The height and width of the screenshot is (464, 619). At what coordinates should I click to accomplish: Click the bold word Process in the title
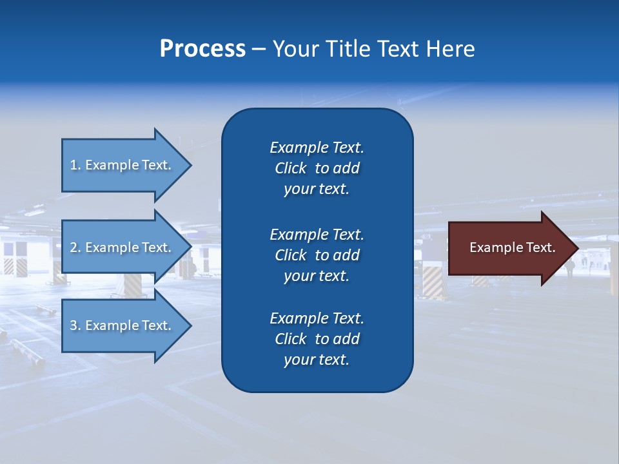click(202, 49)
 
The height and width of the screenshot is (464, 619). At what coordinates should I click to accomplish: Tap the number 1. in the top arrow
click(75, 165)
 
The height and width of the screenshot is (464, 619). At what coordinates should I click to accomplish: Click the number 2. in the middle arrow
click(75, 247)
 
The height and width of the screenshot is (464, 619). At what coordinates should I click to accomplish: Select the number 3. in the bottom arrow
click(75, 325)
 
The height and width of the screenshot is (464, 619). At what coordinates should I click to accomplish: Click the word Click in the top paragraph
click(290, 168)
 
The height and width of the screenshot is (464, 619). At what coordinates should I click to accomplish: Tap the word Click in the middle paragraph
click(290, 255)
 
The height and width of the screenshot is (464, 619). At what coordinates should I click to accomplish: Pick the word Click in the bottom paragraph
click(290, 339)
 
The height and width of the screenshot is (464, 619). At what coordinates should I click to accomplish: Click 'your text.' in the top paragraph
click(317, 189)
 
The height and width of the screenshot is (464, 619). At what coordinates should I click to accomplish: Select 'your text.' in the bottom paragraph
click(317, 360)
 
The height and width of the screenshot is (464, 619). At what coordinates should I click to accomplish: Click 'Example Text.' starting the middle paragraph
click(317, 234)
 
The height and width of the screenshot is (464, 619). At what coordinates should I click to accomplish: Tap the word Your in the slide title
click(295, 49)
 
